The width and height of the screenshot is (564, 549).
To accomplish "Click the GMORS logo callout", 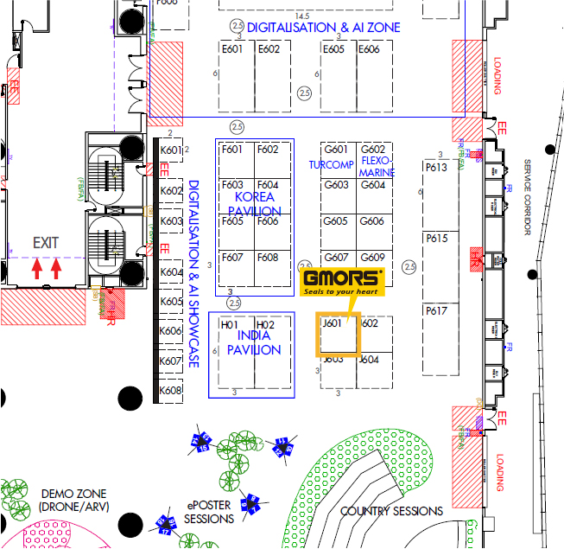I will tap(342, 282).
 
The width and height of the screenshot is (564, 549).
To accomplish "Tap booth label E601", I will tap(233, 49).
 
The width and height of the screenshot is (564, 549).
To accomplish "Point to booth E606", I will tap(369, 49).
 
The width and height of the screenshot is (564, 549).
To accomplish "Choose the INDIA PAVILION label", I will tap(253, 342).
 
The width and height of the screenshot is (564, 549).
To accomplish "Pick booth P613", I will tap(436, 167).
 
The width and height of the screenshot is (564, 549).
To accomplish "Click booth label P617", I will tap(436, 311).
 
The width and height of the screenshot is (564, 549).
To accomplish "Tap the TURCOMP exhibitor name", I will tap(331, 164).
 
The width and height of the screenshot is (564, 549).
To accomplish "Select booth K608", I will tap(171, 391).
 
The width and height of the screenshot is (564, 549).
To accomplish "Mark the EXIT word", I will tap(47, 244).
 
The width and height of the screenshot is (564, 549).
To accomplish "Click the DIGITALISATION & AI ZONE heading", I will tap(323, 28).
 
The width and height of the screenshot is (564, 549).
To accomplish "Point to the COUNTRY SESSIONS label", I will tap(391, 511).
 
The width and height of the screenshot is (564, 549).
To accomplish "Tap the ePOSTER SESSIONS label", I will tap(208, 511).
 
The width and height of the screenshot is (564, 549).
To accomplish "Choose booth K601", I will tap(171, 150).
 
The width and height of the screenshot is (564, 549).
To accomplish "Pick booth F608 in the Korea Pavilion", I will tap(268, 258).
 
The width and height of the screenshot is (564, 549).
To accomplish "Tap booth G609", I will tap(373, 258).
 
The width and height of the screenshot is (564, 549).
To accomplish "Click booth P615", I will tap(436, 239).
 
